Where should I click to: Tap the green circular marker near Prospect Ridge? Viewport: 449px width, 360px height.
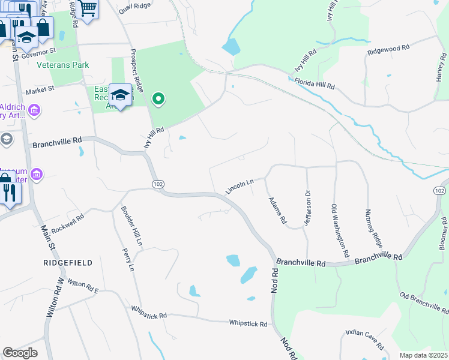pos(158,98)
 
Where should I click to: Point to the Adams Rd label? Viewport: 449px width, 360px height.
pos(277,210)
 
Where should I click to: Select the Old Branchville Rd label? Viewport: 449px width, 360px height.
pos(424,303)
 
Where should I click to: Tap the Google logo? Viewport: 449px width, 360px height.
pos(20,353)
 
